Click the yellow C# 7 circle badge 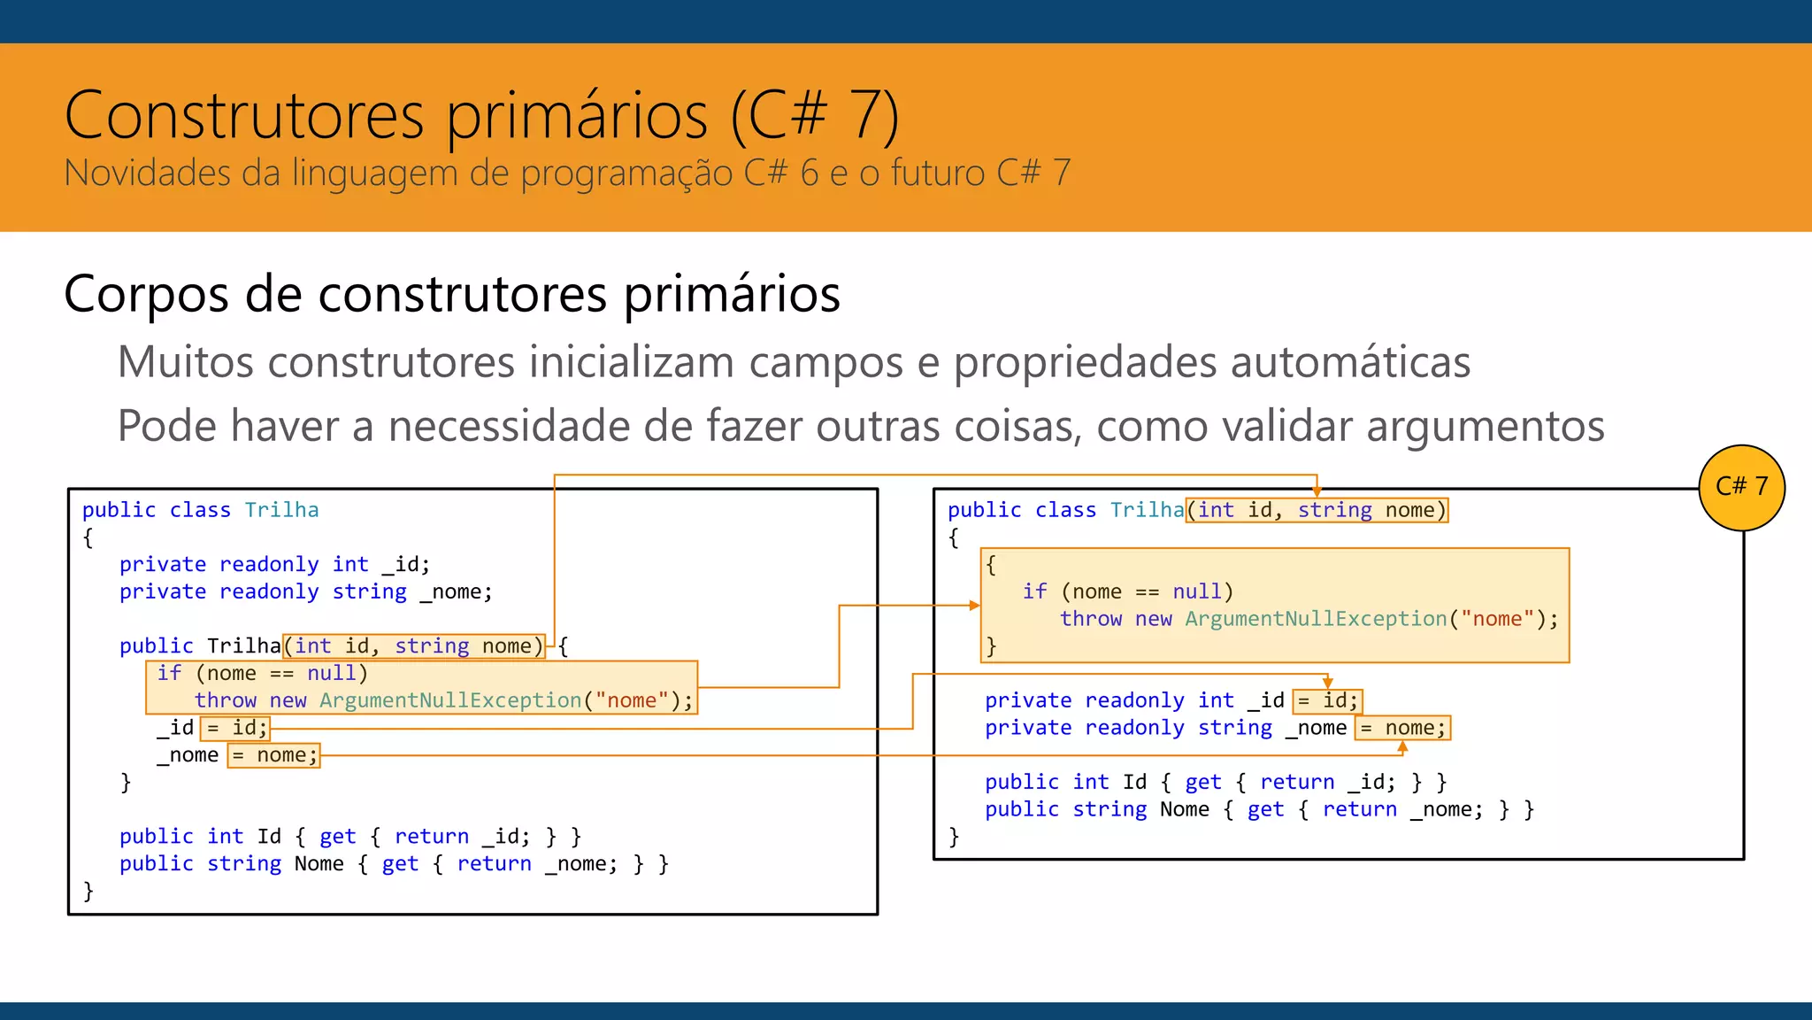pyautogui.click(x=1741, y=487)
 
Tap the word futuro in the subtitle pyautogui.click(x=937, y=173)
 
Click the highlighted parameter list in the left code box pyautogui.click(x=413, y=646)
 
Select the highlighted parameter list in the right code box pyautogui.click(x=1317, y=510)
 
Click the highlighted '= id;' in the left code pyautogui.click(x=235, y=728)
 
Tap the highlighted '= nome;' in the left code pyautogui.click(x=273, y=755)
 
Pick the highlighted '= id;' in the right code pyautogui.click(x=1327, y=701)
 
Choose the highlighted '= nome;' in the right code pyautogui.click(x=1402, y=728)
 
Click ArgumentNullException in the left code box pyautogui.click(x=450, y=700)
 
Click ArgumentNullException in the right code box pyautogui.click(x=1316, y=619)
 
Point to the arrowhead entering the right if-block pyautogui.click(x=974, y=606)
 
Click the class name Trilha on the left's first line pyautogui.click(x=281, y=510)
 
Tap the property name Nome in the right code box pyautogui.click(x=1184, y=809)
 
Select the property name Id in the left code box pyautogui.click(x=269, y=837)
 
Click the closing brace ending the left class pyautogui.click(x=88, y=891)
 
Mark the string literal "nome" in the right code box pyautogui.click(x=1497, y=619)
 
